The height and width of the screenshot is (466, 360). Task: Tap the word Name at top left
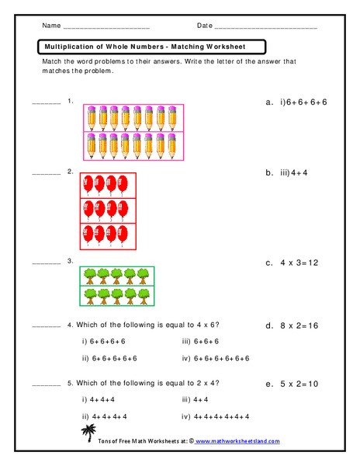(x=51, y=26)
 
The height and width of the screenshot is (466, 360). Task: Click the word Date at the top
(x=204, y=26)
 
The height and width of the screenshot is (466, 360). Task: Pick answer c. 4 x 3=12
(x=292, y=263)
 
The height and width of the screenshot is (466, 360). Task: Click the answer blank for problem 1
(x=46, y=103)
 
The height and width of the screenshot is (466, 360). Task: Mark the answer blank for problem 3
(x=46, y=263)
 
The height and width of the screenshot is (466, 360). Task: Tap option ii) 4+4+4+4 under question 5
(x=107, y=416)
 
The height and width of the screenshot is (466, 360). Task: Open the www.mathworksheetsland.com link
(x=236, y=441)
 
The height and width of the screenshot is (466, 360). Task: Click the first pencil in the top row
(x=88, y=117)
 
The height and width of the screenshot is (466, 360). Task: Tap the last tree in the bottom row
(x=143, y=297)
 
